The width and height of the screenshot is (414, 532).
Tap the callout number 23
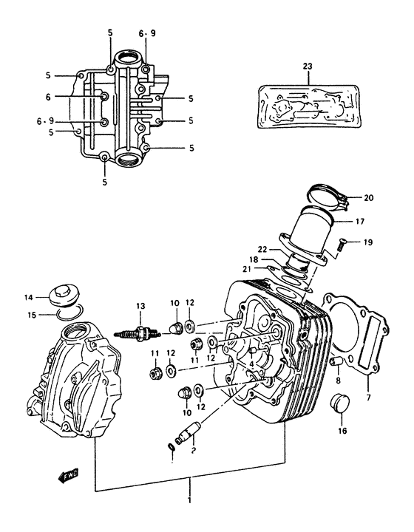[308, 66]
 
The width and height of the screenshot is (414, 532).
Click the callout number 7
[368, 400]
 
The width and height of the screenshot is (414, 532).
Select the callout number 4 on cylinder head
[252, 364]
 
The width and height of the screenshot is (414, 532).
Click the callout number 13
[138, 306]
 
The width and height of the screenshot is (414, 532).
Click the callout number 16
[342, 431]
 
